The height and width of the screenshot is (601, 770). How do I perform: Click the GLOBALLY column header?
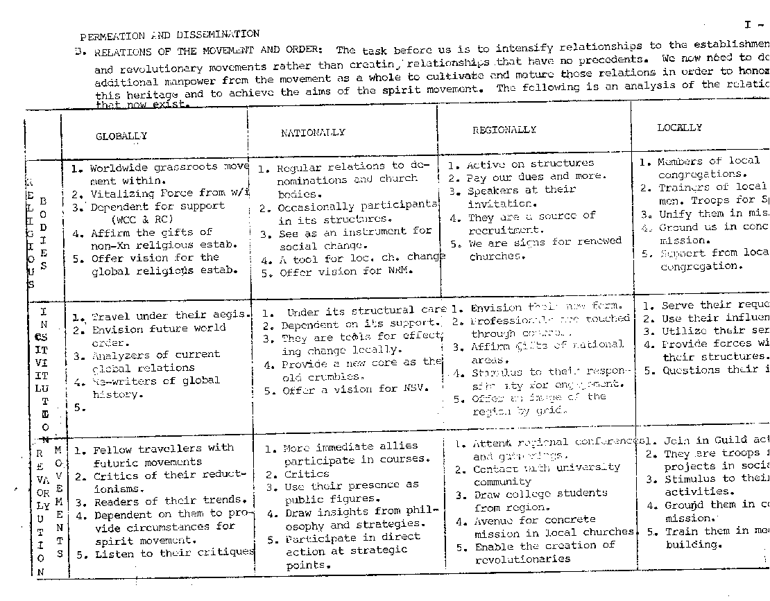click(121, 137)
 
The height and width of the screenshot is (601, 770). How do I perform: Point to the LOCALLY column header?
click(679, 128)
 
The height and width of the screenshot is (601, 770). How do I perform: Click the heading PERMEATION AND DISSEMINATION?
click(170, 35)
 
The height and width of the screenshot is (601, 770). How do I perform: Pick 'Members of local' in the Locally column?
click(699, 161)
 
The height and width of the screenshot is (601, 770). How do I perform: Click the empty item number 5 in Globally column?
click(78, 408)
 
